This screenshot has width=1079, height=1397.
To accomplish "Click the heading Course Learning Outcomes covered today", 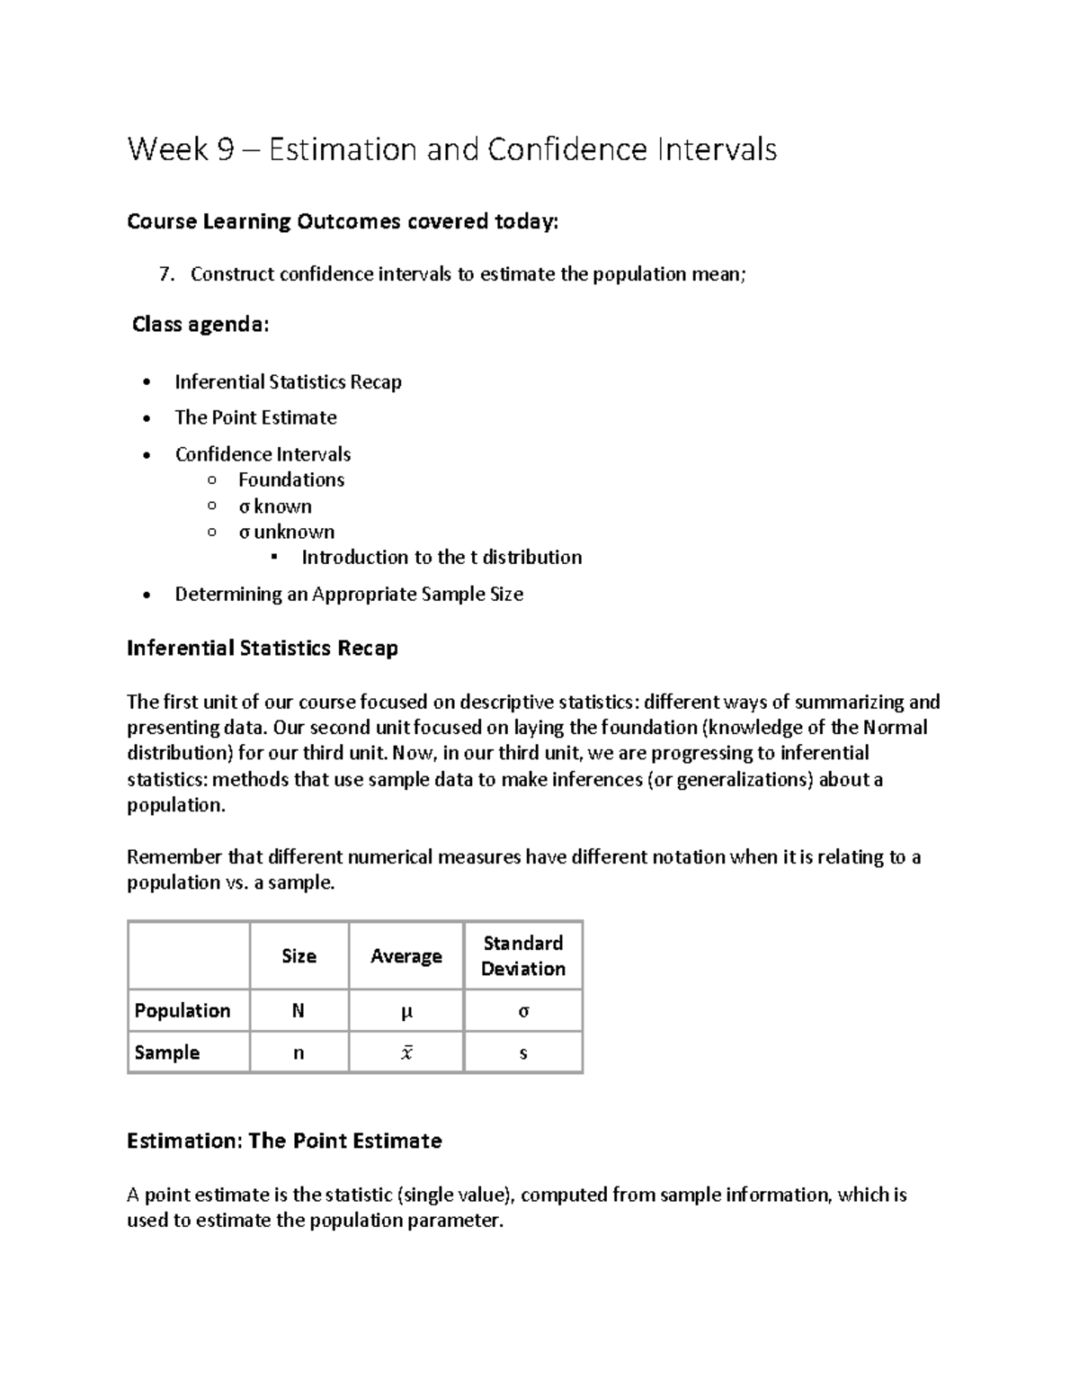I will click(342, 221).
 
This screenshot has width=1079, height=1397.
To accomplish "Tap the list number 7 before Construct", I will click(165, 274).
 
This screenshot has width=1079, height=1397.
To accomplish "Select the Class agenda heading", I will click(200, 325).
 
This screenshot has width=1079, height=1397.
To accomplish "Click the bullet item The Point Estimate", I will click(255, 417).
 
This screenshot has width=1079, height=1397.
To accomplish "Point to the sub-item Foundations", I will click(290, 480).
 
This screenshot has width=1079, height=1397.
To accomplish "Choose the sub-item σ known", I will click(275, 506).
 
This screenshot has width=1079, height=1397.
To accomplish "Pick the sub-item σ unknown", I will click(286, 532).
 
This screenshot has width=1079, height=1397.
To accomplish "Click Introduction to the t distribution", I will click(441, 558).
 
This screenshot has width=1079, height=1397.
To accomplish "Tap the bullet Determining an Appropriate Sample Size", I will click(349, 595).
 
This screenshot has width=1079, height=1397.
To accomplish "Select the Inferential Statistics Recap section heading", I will click(262, 649).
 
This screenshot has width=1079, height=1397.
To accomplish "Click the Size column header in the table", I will click(299, 956).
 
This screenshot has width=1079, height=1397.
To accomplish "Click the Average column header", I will click(406, 956).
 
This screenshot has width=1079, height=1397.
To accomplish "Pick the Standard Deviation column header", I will click(522, 955).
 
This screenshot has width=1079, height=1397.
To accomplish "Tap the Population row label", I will click(182, 1011).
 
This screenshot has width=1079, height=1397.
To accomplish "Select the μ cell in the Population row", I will click(406, 1012).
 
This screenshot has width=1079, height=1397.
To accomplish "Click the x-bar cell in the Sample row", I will click(406, 1053).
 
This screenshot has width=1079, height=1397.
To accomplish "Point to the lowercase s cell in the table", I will click(522, 1053).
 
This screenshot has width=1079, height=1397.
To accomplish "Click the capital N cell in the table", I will click(298, 1011).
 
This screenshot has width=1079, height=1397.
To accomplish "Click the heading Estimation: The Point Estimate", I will click(284, 1142).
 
